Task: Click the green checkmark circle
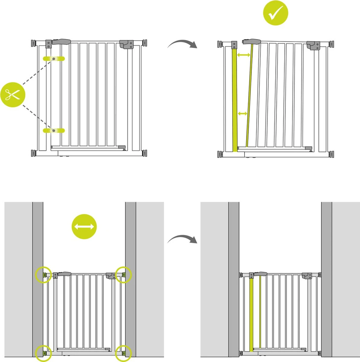tap(276, 12)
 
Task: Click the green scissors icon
tap(13, 95)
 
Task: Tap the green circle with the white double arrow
tap(84, 227)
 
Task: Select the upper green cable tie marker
tap(54, 59)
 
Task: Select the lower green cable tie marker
tap(54, 130)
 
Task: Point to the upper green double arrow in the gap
tap(243, 55)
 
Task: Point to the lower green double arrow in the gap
tap(243, 114)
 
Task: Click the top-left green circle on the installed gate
tap(43, 275)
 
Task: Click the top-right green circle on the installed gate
tap(124, 275)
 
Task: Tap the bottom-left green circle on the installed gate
tap(43, 353)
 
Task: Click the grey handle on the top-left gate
tap(62, 41)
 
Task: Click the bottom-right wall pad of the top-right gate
tap(332, 154)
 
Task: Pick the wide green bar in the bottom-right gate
tap(251, 315)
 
